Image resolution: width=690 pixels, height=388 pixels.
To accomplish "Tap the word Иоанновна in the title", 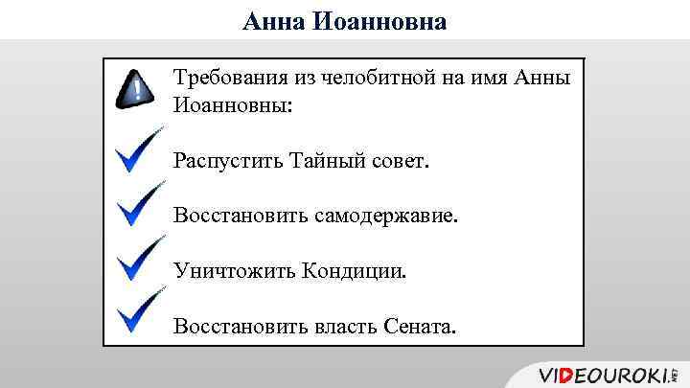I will (x=379, y=20).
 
